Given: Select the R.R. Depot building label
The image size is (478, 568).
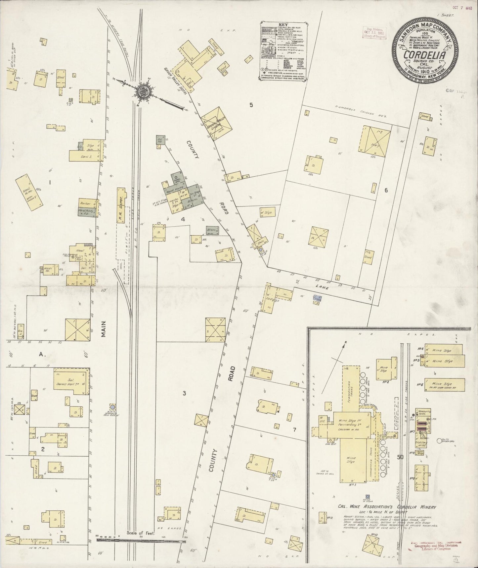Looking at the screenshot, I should (x=121, y=205).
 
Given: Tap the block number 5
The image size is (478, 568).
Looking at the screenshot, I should (x=251, y=105).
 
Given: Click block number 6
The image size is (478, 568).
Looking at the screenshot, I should (x=386, y=190).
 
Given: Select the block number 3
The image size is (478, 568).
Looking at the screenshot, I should (x=184, y=393).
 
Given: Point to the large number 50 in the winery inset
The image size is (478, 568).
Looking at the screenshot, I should (x=400, y=457).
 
